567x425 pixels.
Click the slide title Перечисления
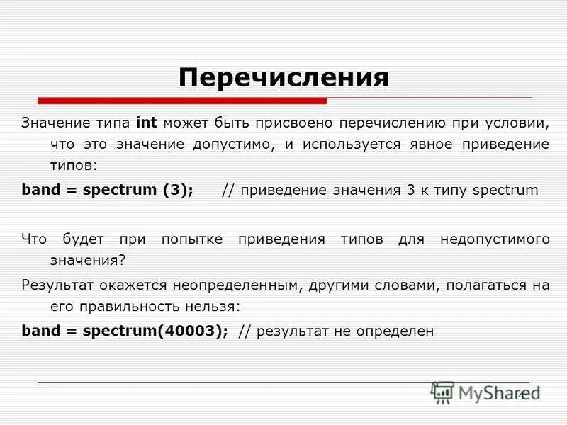tap(283, 77)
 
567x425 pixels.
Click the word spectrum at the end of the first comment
tap(505, 191)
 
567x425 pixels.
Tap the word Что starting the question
tap(34, 239)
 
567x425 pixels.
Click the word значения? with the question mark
tap(87, 260)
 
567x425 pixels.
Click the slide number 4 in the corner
tap(522, 395)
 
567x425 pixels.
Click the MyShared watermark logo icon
tap(442, 392)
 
